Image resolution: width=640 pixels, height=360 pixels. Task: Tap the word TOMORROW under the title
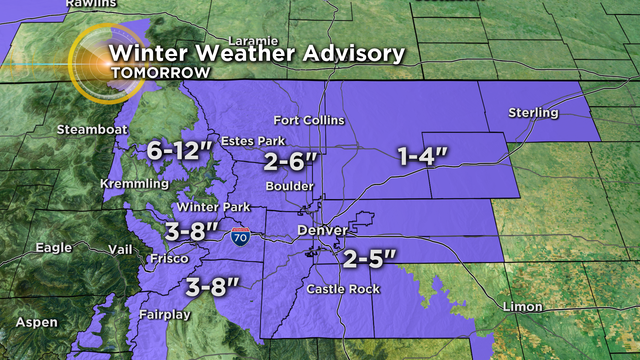coord(160,73)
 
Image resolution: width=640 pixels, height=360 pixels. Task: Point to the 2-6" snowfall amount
coord(291,161)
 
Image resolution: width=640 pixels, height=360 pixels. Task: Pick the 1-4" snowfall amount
coord(421,156)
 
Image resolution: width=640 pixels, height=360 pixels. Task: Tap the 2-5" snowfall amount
coord(369,258)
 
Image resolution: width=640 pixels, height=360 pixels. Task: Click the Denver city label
coord(322,231)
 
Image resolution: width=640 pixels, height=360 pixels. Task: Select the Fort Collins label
coord(309,121)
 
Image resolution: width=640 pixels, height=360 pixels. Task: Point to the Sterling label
coord(533,112)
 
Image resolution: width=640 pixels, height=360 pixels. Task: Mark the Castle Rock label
coord(341,289)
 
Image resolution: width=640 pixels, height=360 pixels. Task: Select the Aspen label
coord(35,325)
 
